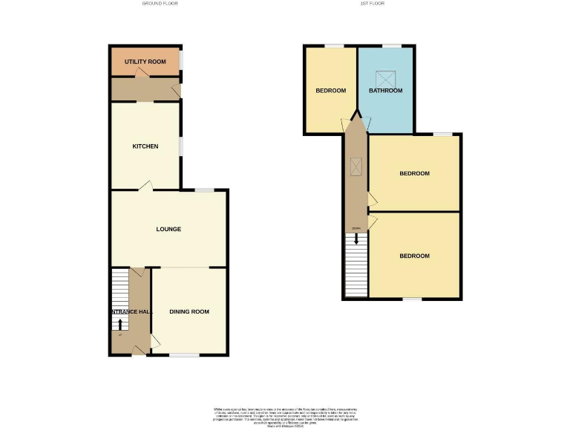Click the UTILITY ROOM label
click(145, 60)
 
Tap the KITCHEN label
click(145, 146)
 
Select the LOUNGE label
click(168, 229)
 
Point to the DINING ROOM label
click(189, 311)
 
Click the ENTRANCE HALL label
click(131, 311)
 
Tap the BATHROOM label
click(386, 91)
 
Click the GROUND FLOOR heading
click(160, 4)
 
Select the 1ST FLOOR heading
click(372, 4)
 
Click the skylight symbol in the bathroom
click(385, 77)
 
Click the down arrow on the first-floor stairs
click(357, 239)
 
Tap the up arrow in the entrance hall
click(120, 324)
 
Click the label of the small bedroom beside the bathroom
click(331, 91)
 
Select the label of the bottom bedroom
click(414, 256)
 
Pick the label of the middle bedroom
click(414, 174)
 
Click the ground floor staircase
click(120, 290)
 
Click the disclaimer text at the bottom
click(285, 416)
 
